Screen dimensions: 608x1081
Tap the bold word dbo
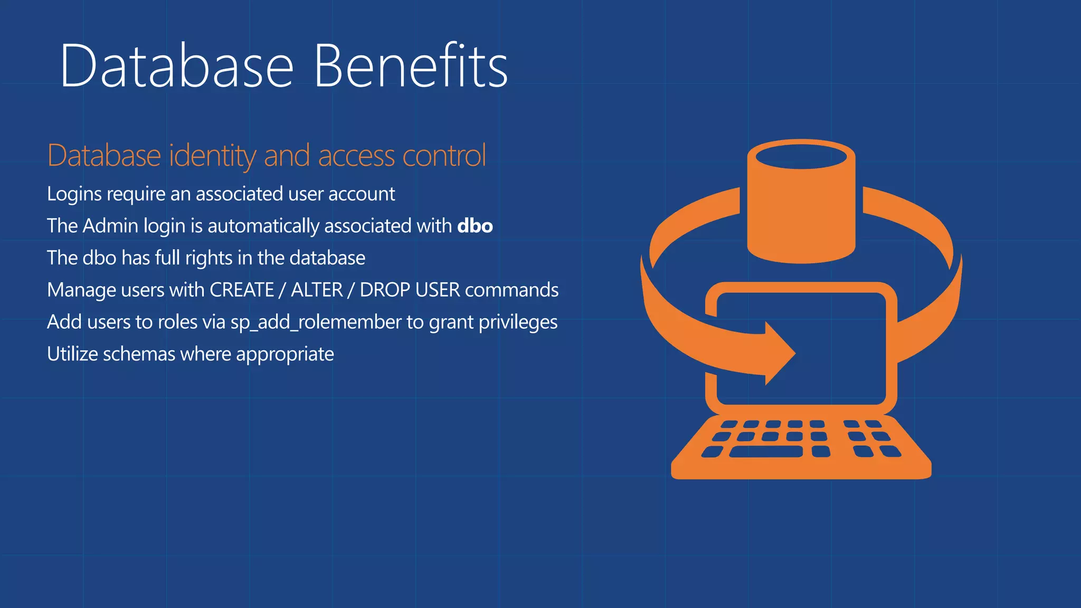(x=475, y=226)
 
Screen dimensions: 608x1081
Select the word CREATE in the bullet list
(x=242, y=290)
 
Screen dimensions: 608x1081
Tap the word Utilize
(x=72, y=354)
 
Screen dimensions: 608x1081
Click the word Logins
(x=74, y=194)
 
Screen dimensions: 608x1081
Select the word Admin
(x=110, y=226)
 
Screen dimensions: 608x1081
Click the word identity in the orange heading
(x=212, y=156)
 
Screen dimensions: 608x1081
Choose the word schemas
(x=139, y=354)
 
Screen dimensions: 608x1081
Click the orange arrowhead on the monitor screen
(x=778, y=354)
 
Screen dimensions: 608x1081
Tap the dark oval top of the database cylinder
(x=801, y=157)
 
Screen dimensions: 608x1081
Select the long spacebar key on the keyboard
(x=766, y=452)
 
